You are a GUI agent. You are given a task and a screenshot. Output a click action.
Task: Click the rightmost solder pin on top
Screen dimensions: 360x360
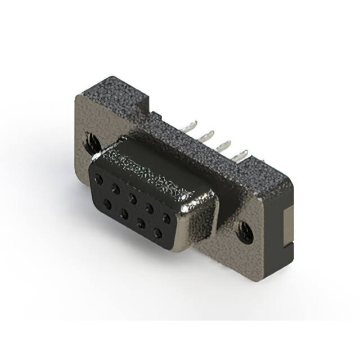pyautogui.click(x=242, y=154)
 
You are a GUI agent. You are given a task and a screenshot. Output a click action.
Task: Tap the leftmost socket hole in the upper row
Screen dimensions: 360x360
pyautogui.click(x=100, y=179)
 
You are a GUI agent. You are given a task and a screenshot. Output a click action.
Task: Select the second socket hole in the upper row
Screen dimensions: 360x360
pyautogui.click(x=115, y=187)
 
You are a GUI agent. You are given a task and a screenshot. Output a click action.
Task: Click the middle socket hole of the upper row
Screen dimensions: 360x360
pyautogui.click(x=132, y=197)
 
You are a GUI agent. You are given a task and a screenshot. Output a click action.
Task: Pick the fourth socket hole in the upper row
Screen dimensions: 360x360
pyautogui.click(x=149, y=206)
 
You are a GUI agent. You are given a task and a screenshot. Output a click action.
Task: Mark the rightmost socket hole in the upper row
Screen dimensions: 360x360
pyautogui.click(x=166, y=217)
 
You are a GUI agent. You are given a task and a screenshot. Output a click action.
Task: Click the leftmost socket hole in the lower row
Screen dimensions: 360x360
pyautogui.click(x=106, y=202)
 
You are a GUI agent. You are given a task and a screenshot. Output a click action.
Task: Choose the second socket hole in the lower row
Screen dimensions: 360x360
pyautogui.click(x=123, y=211)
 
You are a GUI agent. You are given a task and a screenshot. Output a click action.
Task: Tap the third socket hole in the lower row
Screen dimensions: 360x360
pyautogui.click(x=141, y=222)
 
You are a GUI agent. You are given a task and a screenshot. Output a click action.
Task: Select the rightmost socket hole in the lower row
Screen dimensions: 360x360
pyautogui.click(x=158, y=232)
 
